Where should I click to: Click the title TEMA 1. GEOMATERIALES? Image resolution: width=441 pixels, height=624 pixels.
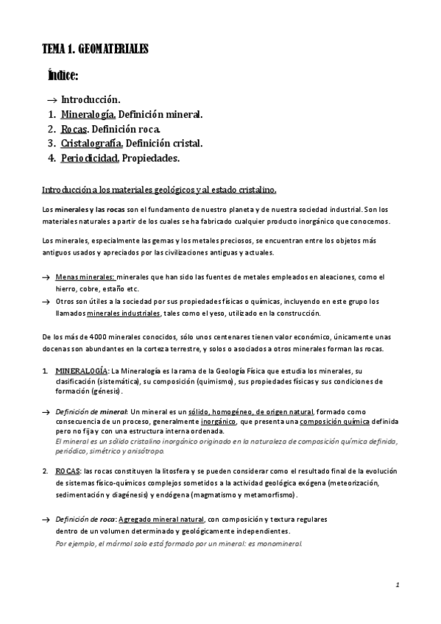coord(96,49)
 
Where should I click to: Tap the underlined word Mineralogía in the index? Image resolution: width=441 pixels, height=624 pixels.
coord(88,115)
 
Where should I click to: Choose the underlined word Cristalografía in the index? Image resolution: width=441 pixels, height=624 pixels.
coord(92,143)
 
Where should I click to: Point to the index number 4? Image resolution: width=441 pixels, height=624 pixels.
coord(52,158)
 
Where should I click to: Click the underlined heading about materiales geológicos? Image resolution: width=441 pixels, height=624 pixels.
coord(159,190)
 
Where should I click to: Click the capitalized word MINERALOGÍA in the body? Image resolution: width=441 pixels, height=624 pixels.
coord(82,370)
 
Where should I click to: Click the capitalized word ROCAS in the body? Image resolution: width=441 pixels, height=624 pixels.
coord(67,469)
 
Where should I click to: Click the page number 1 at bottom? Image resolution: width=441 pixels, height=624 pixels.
coord(396,586)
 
